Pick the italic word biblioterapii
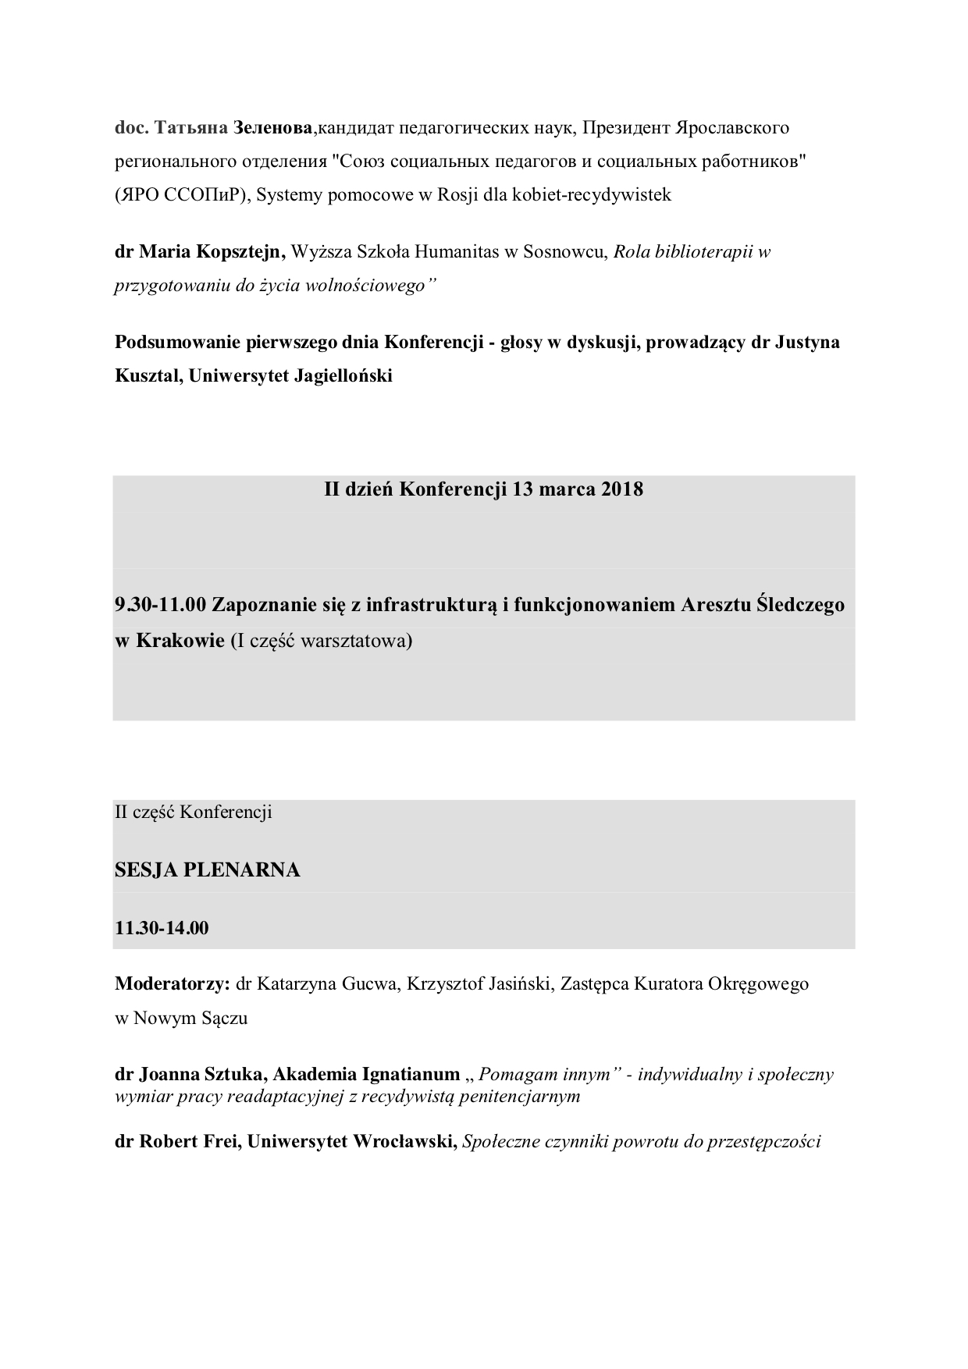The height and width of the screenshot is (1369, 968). coord(701,252)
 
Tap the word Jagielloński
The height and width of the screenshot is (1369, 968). coord(343,376)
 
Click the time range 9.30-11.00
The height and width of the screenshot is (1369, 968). coord(160,605)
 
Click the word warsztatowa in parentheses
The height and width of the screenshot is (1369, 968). coord(362,641)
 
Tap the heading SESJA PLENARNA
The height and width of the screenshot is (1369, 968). coord(208,870)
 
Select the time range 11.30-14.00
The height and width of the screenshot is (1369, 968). coord(162,929)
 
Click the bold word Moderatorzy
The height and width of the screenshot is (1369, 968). coord(172,984)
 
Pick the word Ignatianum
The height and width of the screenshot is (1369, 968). coord(411,1075)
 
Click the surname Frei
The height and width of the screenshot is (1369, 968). coord(222,1143)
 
